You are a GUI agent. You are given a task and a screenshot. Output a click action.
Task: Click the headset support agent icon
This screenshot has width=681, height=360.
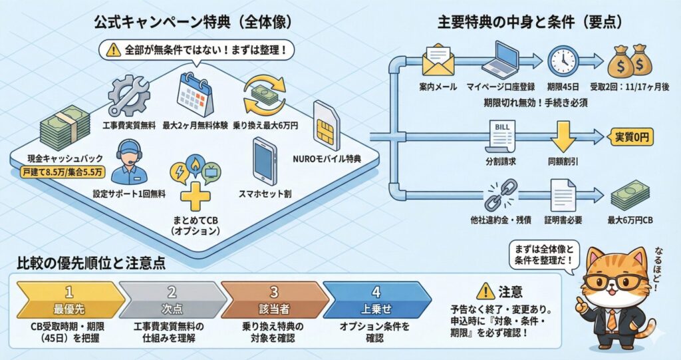(129, 162)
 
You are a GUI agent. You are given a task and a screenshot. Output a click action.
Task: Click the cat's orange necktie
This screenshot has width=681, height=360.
(611, 320)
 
